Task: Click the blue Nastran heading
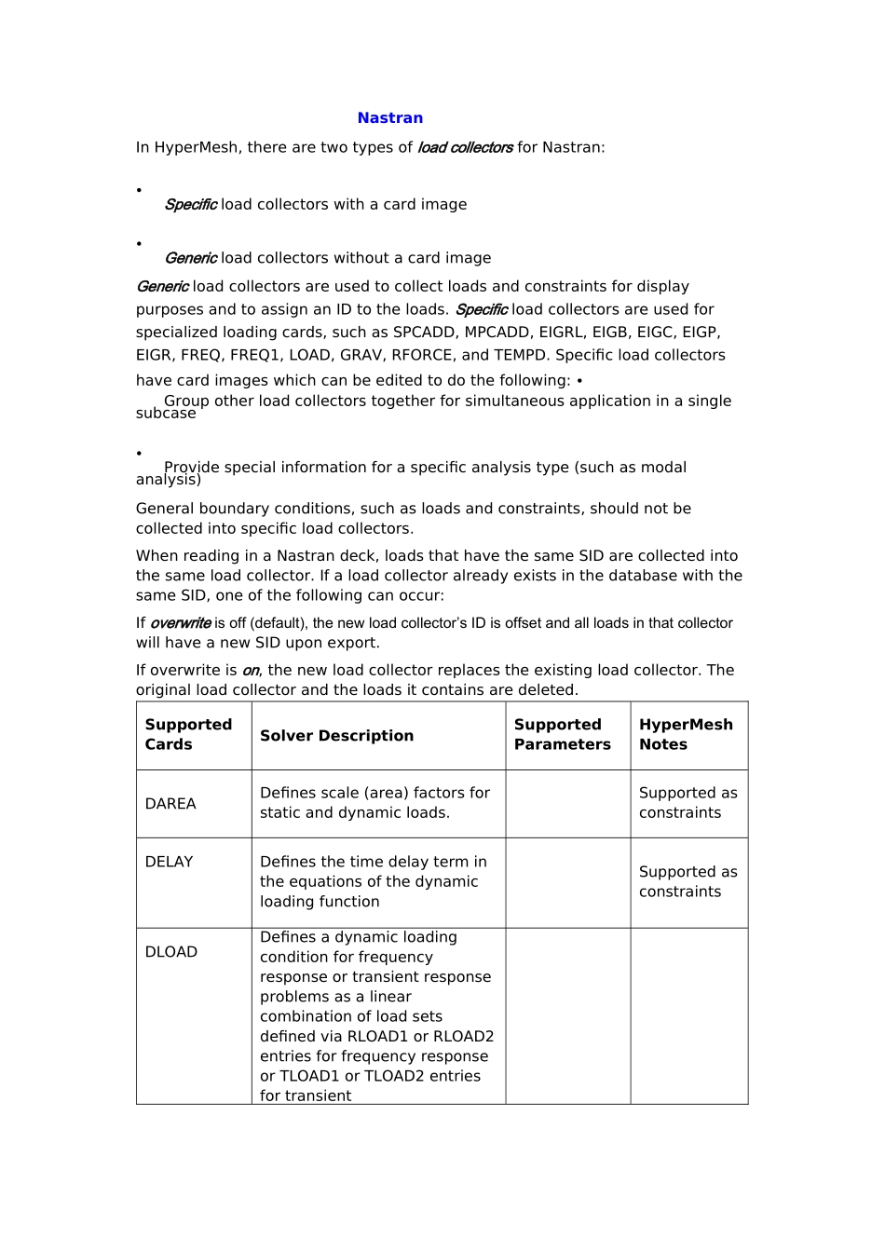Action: [390, 118]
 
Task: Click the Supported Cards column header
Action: [188, 735]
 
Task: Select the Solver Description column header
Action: [336, 736]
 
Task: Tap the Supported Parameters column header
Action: [562, 735]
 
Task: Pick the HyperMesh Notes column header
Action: [686, 735]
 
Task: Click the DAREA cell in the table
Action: [170, 804]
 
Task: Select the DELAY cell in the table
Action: [169, 863]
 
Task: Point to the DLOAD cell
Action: [171, 952]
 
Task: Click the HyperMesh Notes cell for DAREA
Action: [688, 803]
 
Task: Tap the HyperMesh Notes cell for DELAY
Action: [688, 882]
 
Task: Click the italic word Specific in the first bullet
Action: [190, 205]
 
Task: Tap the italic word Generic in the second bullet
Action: [190, 258]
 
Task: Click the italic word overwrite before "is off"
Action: [180, 623]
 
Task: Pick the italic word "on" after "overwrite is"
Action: [251, 671]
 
